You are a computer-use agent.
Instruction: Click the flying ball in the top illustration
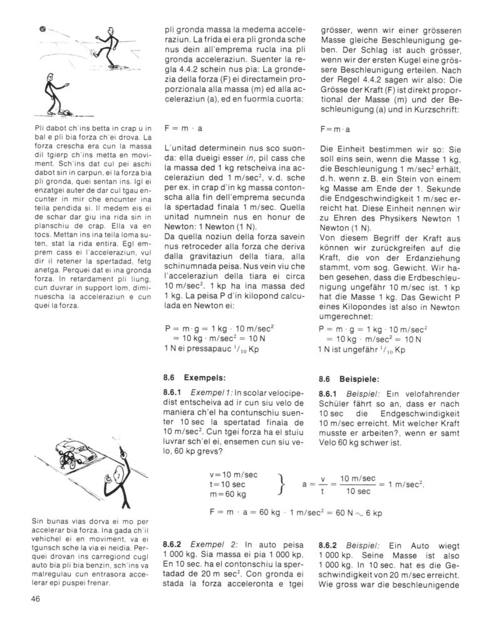[x=41, y=28]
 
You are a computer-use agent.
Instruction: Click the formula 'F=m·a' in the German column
[x=335, y=130]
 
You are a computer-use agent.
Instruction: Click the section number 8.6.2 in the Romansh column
[x=172, y=545]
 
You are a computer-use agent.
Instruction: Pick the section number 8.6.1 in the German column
[x=329, y=394]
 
